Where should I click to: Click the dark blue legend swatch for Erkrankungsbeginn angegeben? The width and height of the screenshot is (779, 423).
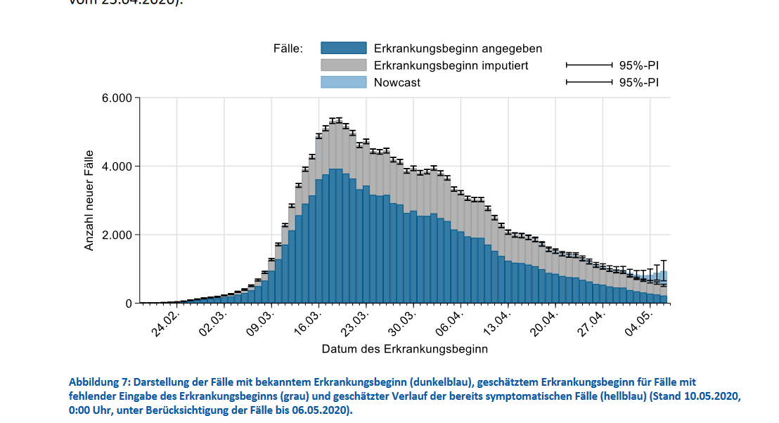coord(344,48)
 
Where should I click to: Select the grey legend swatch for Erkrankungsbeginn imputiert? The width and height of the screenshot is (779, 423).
coord(344,65)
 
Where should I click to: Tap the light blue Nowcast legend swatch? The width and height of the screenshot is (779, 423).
coord(344,82)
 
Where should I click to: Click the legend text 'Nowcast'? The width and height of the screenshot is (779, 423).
coord(397,82)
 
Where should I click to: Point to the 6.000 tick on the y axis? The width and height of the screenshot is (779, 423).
coord(117,98)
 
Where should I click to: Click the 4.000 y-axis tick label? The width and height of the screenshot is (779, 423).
coord(117,167)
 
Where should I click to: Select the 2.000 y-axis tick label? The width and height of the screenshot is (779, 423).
coord(117,235)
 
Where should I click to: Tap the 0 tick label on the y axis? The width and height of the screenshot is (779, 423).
coord(128,304)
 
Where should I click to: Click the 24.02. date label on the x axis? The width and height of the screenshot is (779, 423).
coord(167,324)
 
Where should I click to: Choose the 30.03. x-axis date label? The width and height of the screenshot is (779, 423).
coord(404,324)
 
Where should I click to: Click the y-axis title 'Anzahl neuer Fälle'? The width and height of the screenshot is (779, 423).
coord(89,200)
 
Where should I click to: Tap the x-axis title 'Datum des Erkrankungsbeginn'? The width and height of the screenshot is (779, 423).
coord(404,349)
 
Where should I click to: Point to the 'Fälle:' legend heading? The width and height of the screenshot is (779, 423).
coord(288,48)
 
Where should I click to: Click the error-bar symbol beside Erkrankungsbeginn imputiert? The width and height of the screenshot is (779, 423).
coord(589,65)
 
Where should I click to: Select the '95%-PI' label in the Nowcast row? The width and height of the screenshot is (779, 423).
coord(638,82)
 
